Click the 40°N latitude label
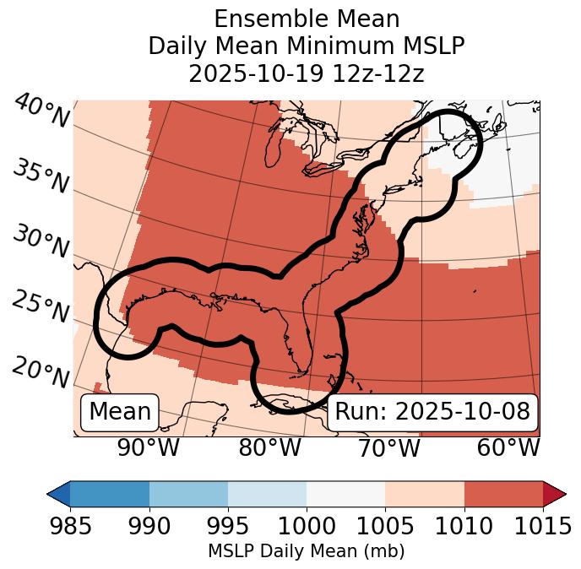[41, 112]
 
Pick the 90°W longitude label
[148, 448]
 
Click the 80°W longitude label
[269, 448]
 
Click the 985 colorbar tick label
[70, 526]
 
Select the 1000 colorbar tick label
[307, 526]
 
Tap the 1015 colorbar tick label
[543, 526]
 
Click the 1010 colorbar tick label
[464, 526]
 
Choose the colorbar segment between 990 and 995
[188, 494]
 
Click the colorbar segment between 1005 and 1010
[425, 494]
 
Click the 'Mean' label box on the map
[120, 412]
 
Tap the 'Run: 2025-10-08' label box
[432, 412]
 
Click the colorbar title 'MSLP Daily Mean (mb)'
[307, 551]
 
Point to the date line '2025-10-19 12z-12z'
[307, 73]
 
